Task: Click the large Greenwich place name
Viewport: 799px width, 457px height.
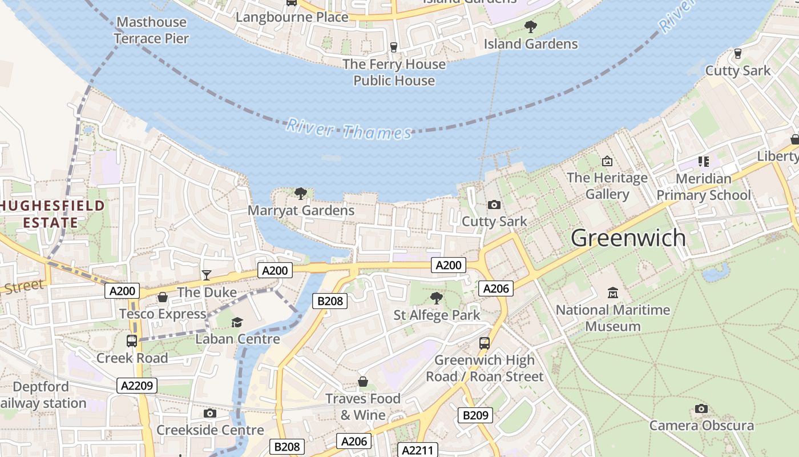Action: point(628,238)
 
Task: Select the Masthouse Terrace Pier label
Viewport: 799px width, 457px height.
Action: point(151,30)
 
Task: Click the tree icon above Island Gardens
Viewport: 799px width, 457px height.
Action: point(530,26)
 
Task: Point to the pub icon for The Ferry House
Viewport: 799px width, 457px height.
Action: point(393,47)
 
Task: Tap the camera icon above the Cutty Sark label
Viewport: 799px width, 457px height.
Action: point(494,205)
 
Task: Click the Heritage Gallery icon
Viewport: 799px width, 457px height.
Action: point(607,161)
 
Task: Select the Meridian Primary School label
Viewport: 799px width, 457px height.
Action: point(703,187)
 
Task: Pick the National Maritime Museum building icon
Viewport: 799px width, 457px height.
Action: point(613,293)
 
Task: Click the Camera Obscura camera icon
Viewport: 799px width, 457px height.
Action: point(701,408)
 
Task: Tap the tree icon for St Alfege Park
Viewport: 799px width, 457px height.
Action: point(437,298)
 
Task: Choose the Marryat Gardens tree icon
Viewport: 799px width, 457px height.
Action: point(301,193)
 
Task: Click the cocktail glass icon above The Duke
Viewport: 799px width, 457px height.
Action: point(206,275)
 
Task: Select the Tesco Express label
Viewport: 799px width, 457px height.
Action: point(163,314)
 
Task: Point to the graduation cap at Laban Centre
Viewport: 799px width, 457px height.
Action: point(237,323)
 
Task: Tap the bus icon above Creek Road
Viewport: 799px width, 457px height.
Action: point(132,341)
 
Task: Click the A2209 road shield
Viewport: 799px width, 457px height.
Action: point(138,386)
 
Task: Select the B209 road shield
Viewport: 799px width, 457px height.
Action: point(475,415)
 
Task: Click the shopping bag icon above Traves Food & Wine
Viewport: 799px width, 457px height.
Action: point(362,381)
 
